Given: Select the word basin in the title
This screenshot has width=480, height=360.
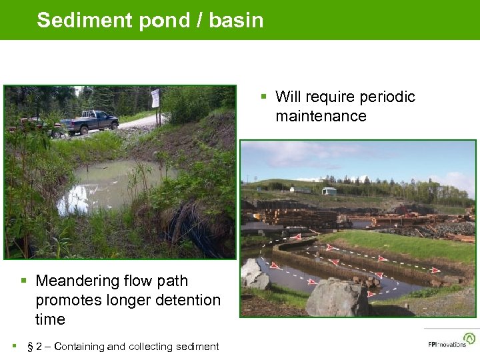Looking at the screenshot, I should tap(236, 20).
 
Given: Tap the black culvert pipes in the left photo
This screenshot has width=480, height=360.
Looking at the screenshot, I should tap(187, 227).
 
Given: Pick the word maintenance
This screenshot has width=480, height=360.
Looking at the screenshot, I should tap(321, 116).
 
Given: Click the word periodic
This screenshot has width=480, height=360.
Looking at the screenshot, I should tap(387, 97).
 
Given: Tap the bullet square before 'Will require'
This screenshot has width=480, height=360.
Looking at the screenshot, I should tap(265, 97).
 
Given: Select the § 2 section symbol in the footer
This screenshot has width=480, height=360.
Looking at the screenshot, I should tap(33, 346).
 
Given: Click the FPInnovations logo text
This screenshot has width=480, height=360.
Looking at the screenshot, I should tap(447, 345).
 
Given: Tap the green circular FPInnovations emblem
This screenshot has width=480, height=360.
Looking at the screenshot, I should tap(469, 338).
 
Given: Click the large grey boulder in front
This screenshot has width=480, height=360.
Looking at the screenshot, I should tap(337, 298).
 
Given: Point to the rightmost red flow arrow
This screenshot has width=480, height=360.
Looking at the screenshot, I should tap(435, 270).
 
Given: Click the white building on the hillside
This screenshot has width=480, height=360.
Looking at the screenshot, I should tap(329, 191).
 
